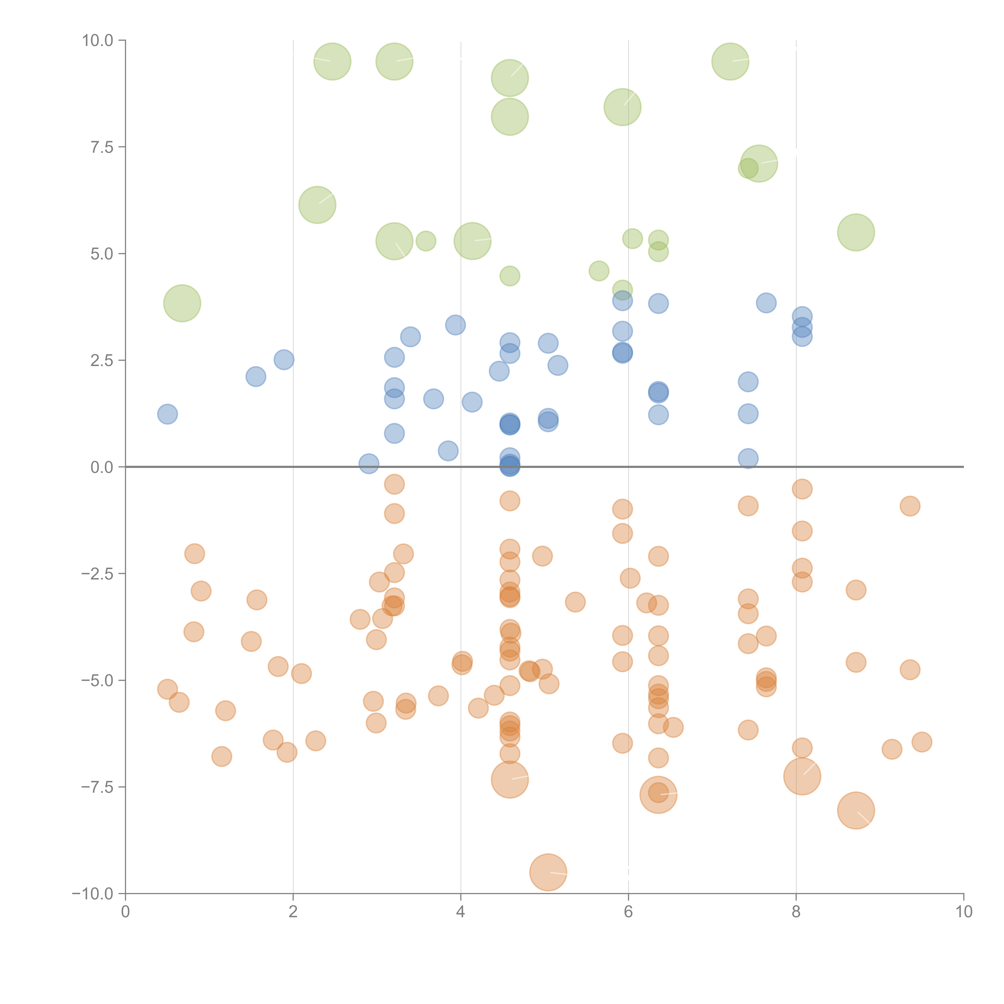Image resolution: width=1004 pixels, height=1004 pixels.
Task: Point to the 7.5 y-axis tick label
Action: (102, 147)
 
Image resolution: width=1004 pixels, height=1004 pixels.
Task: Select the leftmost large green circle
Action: (182, 303)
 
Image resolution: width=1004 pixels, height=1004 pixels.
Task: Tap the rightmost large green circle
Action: (856, 232)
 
